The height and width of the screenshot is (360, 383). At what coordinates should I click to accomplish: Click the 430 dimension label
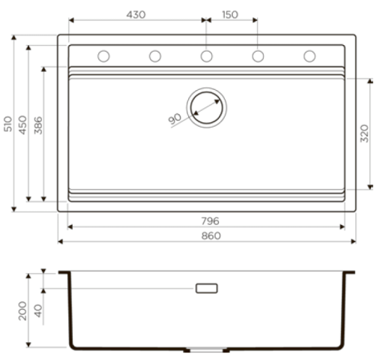click(x=136, y=15)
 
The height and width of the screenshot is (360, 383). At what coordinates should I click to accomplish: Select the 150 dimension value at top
click(x=232, y=15)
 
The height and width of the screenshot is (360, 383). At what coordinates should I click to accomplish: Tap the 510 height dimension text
click(x=8, y=124)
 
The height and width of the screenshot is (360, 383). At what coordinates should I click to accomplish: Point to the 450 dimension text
click(x=23, y=124)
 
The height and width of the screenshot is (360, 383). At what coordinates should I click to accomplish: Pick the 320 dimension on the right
click(x=365, y=133)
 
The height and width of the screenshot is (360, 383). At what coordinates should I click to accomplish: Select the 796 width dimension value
click(x=210, y=221)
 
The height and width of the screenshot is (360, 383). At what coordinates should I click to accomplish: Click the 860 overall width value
click(x=210, y=235)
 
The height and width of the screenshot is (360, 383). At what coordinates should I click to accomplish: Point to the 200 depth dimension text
click(x=22, y=310)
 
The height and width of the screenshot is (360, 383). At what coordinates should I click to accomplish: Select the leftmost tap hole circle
click(x=104, y=56)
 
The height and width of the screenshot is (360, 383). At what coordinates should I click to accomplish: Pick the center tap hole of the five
click(x=206, y=56)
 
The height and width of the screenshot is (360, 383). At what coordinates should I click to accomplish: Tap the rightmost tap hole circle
click(x=309, y=56)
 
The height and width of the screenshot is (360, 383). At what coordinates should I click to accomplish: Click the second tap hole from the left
click(x=155, y=56)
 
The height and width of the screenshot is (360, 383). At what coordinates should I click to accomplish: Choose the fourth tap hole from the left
click(x=258, y=56)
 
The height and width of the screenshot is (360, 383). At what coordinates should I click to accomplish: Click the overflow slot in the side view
click(x=206, y=288)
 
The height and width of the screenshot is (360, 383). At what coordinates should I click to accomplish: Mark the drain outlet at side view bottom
click(x=206, y=350)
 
